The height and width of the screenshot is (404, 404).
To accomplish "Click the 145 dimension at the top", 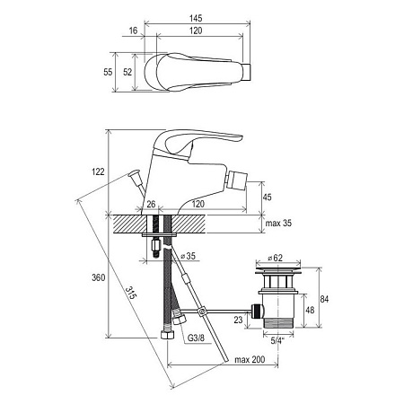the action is [x=196, y=18].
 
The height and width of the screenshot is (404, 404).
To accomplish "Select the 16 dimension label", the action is [x=133, y=31].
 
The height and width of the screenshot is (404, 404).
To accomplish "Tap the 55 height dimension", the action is [x=108, y=72].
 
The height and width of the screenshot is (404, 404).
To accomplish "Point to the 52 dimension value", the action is [x=127, y=72].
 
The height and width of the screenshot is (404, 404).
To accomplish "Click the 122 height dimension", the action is [x=98, y=171].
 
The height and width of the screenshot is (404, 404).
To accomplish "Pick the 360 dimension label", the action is [x=99, y=277].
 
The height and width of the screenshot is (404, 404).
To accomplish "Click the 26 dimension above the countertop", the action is [x=151, y=204].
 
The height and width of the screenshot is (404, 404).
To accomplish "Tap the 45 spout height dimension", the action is [x=267, y=198].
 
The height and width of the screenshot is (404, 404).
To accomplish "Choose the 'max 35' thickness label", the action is [x=278, y=224].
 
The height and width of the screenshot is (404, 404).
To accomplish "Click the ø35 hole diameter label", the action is [x=188, y=256].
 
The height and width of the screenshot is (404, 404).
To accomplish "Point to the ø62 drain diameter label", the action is [x=275, y=258].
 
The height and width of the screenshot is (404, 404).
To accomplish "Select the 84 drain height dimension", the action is [x=324, y=299].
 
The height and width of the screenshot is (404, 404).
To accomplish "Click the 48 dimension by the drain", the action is [x=310, y=310].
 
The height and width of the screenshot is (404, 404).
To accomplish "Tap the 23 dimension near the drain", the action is [x=238, y=320].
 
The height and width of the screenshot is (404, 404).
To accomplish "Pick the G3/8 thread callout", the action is [x=196, y=338].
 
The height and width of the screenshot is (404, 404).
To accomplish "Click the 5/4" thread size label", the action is [x=277, y=340].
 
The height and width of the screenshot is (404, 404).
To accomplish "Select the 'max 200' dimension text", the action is [x=250, y=359].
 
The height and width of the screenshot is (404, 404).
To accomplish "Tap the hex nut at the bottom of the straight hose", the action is [x=167, y=335].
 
